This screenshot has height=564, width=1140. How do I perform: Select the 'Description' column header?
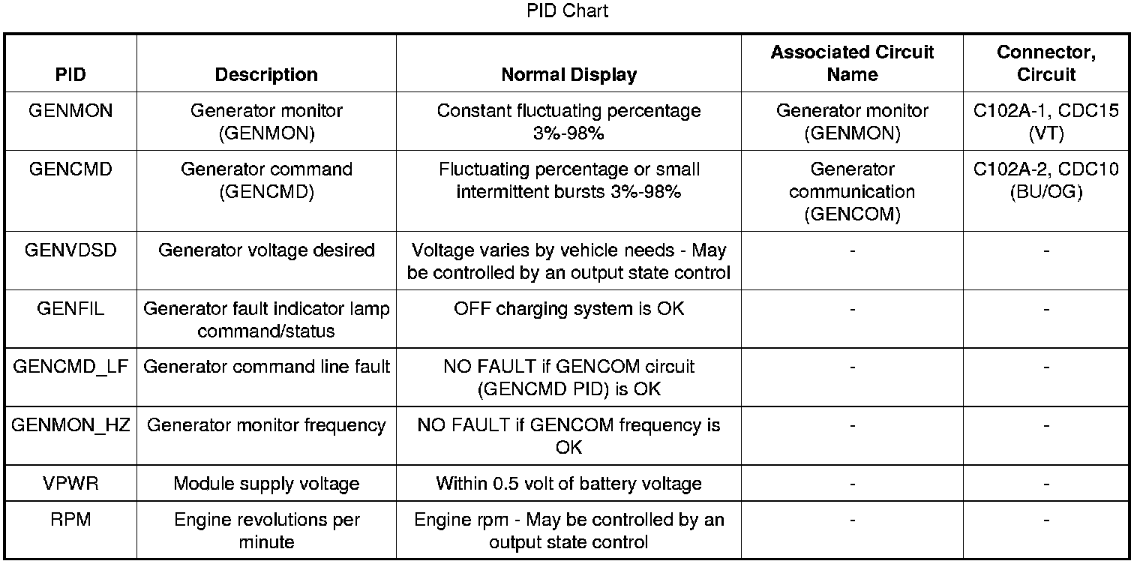click(x=266, y=75)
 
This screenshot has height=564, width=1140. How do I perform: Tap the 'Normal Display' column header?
click(x=568, y=75)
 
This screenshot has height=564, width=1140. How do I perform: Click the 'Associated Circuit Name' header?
click(x=852, y=64)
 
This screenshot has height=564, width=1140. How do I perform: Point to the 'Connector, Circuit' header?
click(x=1045, y=64)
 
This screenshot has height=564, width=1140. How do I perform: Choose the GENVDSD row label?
click(x=70, y=250)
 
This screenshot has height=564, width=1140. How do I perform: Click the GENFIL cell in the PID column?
click(x=70, y=308)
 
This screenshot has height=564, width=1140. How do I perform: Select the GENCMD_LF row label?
click(x=70, y=367)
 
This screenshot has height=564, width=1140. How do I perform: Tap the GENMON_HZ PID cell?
click(x=70, y=425)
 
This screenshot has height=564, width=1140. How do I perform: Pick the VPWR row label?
click(x=70, y=484)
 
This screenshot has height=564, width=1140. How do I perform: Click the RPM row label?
click(x=70, y=520)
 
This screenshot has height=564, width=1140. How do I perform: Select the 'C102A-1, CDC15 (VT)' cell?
click(x=1045, y=121)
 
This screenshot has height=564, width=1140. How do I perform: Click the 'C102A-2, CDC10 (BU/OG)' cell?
click(x=1045, y=180)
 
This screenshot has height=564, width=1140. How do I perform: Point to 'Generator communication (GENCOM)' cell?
click(x=852, y=191)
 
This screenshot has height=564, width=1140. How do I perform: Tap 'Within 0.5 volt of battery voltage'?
click(x=568, y=484)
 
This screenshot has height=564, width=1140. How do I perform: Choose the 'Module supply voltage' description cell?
click(x=266, y=484)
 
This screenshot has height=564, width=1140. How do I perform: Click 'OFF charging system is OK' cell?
click(x=568, y=308)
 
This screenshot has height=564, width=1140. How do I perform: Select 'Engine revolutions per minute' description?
click(x=266, y=530)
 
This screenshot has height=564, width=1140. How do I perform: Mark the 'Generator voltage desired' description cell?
click(x=266, y=250)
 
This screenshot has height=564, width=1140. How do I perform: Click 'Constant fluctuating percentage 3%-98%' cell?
click(x=568, y=121)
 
